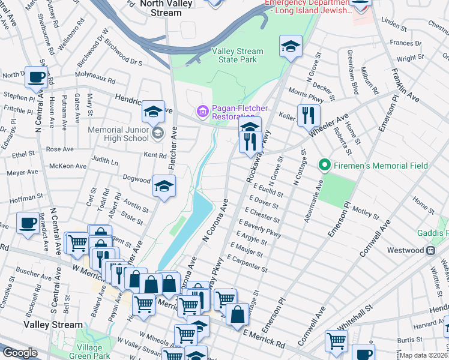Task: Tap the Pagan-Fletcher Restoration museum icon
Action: (202, 111)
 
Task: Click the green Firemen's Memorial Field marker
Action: (325, 164)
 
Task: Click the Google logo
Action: (20, 353)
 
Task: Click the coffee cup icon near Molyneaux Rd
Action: (37, 77)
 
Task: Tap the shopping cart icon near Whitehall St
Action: (336, 341)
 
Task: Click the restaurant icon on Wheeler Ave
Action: (309, 115)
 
